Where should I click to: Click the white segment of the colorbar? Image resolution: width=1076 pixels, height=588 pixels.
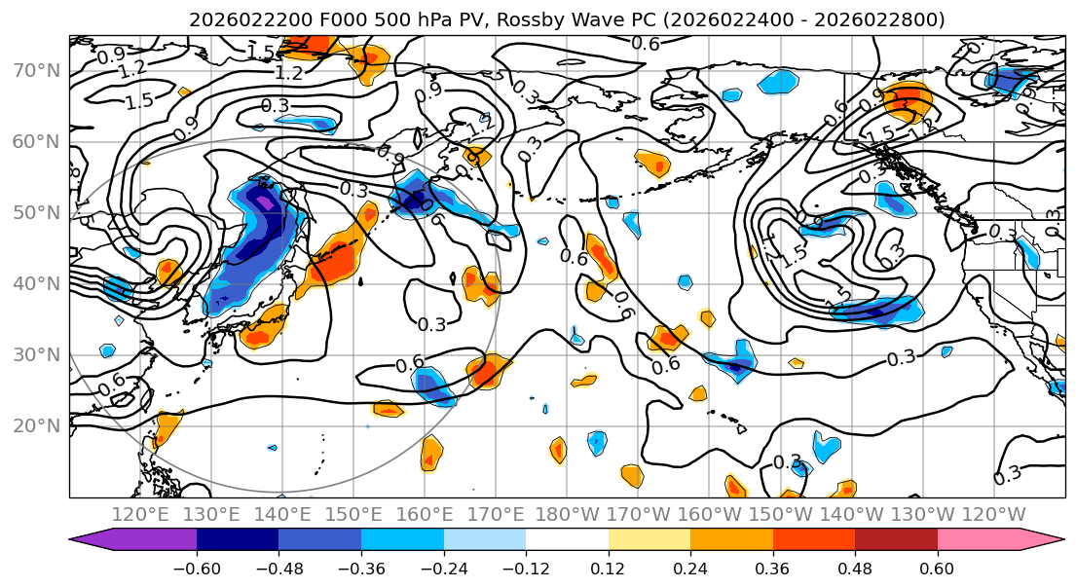point(567,542)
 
